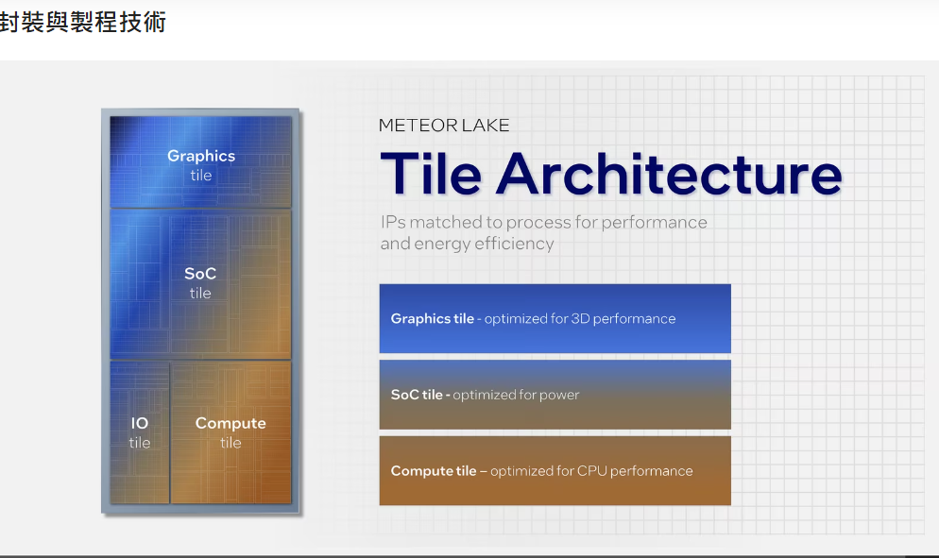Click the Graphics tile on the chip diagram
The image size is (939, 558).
click(200, 161)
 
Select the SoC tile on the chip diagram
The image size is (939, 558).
click(200, 284)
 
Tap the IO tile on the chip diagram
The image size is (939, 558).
click(140, 431)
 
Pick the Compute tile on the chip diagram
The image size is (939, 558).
click(231, 431)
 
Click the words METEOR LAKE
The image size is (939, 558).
click(444, 126)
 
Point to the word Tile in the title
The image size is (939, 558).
click(431, 174)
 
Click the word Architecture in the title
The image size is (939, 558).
click(669, 174)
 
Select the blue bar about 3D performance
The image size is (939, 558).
click(555, 318)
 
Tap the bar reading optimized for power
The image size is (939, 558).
click(555, 395)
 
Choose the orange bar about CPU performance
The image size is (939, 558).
click(555, 470)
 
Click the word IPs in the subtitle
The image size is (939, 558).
click(393, 223)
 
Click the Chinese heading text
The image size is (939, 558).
click(82, 23)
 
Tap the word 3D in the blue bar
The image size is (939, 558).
click(580, 318)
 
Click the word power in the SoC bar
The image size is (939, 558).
click(559, 396)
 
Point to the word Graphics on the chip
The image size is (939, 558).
click(201, 157)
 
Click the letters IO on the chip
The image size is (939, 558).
click(140, 423)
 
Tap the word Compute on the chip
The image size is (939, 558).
click(230, 424)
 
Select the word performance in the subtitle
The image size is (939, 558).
click(654, 223)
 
